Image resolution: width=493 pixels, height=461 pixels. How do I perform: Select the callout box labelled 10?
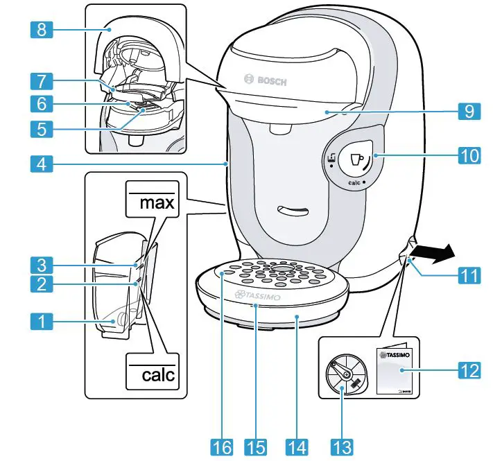[470, 156]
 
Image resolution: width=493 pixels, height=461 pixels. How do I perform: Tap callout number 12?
[469, 369]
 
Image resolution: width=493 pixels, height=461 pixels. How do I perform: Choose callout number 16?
[221, 446]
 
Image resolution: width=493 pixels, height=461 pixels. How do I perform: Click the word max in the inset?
[152, 204]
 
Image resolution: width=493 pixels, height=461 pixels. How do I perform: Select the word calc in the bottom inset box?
[153, 375]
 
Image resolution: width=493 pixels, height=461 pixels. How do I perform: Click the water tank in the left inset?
[114, 291]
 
